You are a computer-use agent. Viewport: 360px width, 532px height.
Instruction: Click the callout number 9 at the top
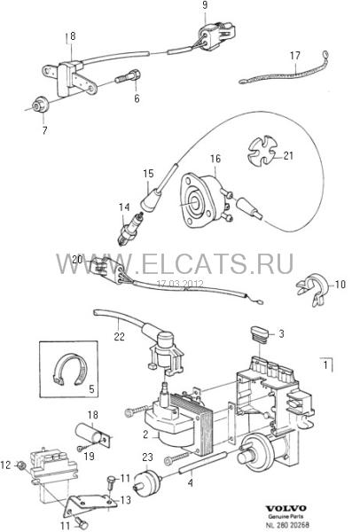pyautogui.click(x=205, y=6)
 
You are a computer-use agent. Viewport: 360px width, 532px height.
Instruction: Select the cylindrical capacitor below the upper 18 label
pyautogui.click(x=91, y=434)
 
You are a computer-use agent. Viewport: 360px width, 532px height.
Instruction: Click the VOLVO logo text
pyautogui.click(x=286, y=508)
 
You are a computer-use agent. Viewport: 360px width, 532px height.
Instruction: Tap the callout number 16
pyautogui.click(x=215, y=159)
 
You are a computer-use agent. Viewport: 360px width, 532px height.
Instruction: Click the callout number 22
pyautogui.click(x=120, y=336)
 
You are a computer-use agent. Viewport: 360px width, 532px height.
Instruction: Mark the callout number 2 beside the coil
pyautogui.click(x=145, y=434)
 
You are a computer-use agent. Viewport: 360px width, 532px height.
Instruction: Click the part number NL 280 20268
pyautogui.click(x=288, y=525)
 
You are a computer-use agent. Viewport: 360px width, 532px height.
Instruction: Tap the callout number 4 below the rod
pyautogui.click(x=190, y=482)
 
